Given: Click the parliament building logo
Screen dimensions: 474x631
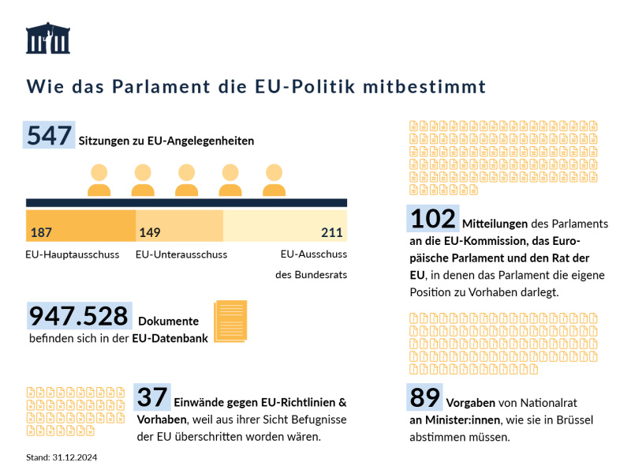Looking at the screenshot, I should [48, 38].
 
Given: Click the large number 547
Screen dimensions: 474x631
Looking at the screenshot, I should [50, 136].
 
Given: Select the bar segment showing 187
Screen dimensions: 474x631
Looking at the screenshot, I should [80, 226].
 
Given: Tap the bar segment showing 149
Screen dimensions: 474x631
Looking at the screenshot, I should [179, 226].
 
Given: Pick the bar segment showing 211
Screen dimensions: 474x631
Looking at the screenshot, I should [285, 226].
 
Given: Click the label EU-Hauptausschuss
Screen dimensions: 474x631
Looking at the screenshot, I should [73, 254].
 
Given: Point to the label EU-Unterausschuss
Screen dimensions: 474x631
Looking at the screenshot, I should [181, 254].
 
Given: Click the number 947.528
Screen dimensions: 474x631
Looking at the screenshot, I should [79, 316].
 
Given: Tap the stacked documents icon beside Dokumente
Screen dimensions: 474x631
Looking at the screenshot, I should [230, 321].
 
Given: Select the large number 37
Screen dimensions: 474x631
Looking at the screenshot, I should [152, 397].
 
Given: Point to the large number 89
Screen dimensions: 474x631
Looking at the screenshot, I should [424, 397].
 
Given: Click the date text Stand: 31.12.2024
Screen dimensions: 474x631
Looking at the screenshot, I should [62, 457].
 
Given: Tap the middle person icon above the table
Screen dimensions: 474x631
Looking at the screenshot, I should [186, 180].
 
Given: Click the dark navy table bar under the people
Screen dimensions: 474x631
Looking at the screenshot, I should [186, 203].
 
